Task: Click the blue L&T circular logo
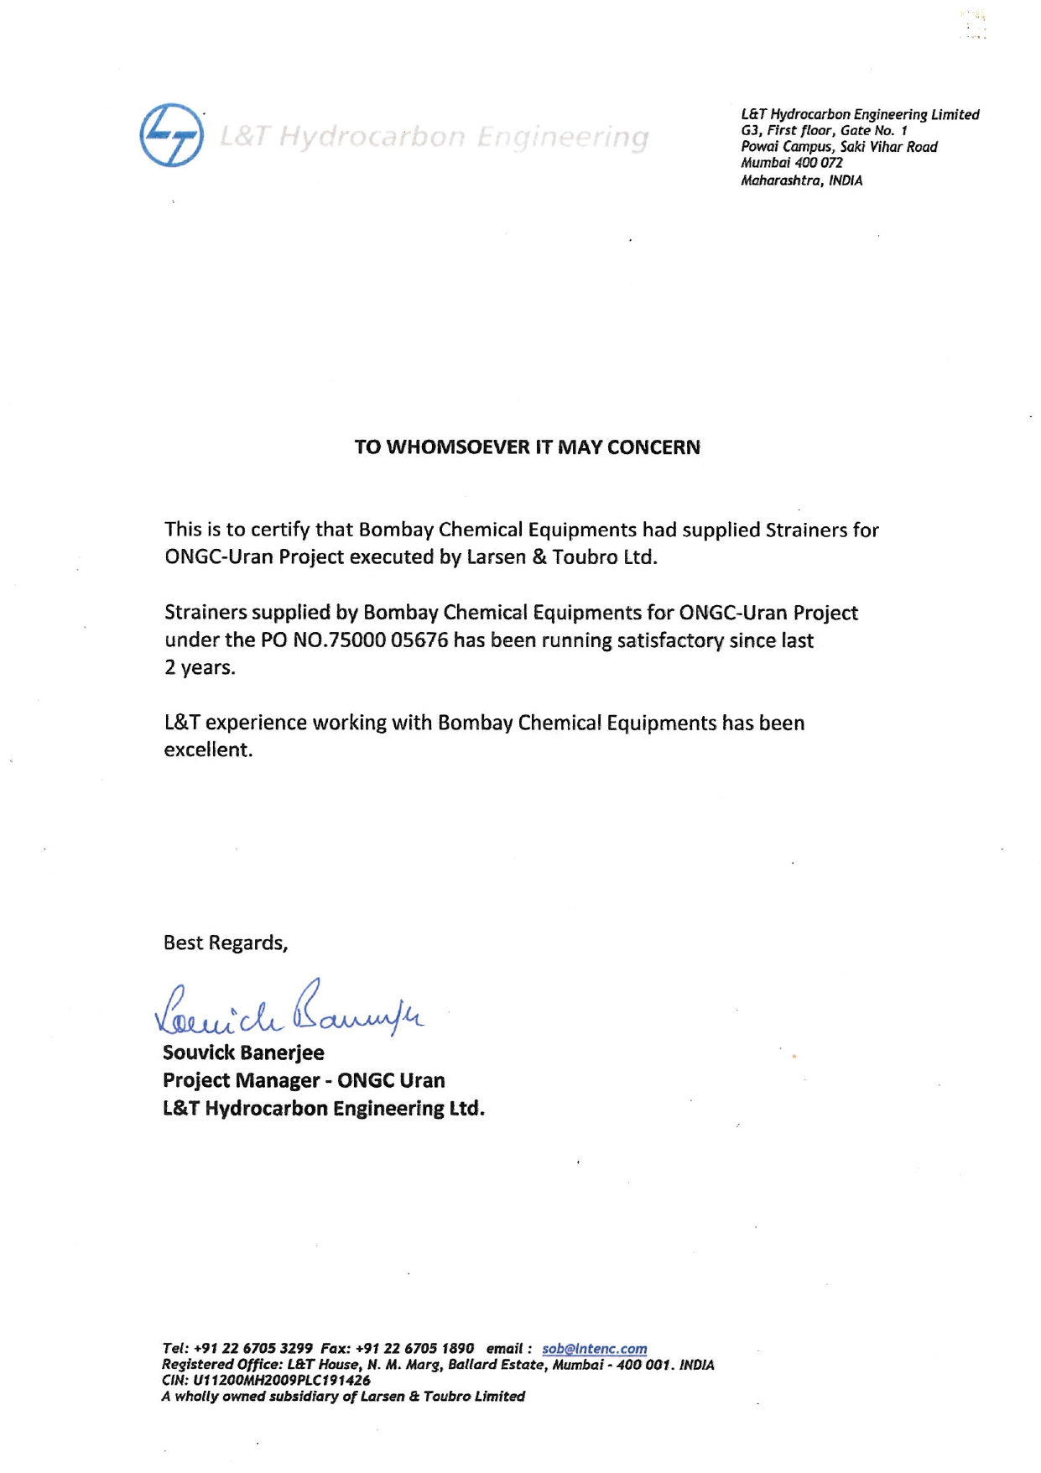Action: (171, 135)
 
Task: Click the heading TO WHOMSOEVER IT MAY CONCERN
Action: (527, 447)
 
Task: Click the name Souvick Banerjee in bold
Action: (243, 1053)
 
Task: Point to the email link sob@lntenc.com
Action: (594, 1349)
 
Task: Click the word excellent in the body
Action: (207, 750)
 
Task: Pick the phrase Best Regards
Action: (225, 943)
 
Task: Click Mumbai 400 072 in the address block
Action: (791, 164)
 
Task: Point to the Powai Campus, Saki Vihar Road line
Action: (839, 147)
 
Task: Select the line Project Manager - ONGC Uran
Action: (304, 1080)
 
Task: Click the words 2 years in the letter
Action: (200, 668)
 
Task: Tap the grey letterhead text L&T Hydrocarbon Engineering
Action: (434, 137)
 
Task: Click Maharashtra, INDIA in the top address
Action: (801, 180)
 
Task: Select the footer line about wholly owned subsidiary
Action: (342, 1397)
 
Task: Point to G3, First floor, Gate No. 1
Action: (824, 131)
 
